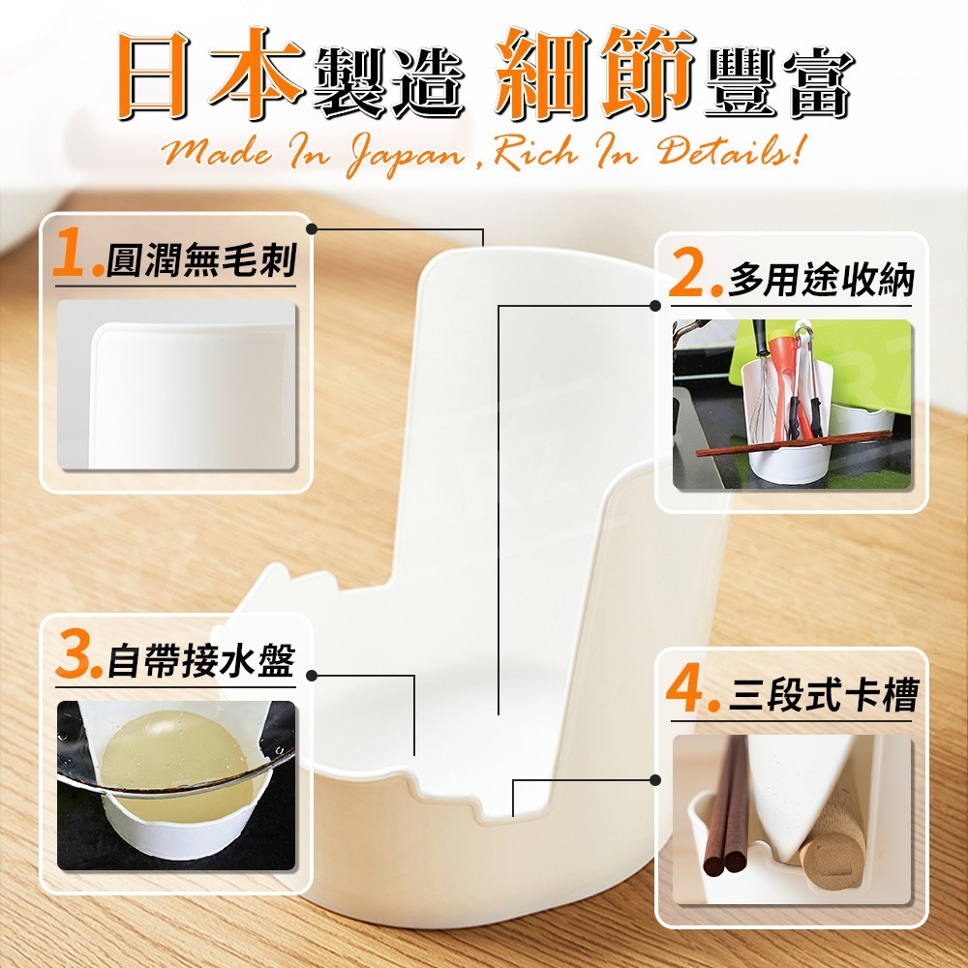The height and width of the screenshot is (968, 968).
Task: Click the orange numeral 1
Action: pos(69,252)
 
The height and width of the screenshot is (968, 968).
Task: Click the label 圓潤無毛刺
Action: pos(201,259)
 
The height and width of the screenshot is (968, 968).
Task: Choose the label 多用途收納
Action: pos(821,281)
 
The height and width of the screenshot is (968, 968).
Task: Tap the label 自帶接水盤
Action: pos(202,660)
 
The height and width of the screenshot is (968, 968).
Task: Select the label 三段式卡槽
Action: pos(824,695)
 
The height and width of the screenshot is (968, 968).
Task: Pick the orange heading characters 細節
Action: pos(594,74)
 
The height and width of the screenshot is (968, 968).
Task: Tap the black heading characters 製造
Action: pos(388,82)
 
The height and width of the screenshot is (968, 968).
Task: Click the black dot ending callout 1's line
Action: pos(312,229)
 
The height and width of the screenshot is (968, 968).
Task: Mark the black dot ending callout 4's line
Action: pos(655,780)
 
